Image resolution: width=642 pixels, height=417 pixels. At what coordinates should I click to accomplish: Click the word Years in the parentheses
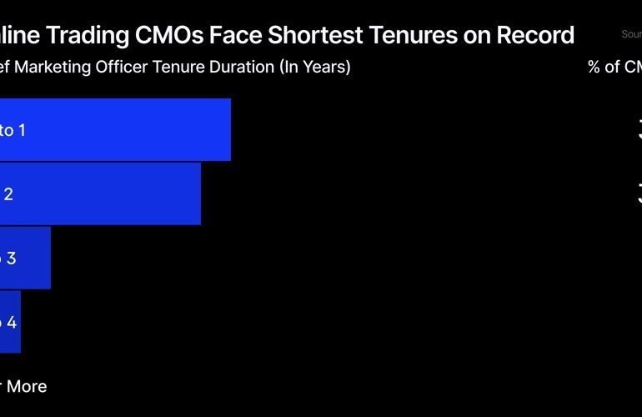coord(325,68)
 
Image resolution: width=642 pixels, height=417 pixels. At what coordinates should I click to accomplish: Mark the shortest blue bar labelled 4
coord(10,322)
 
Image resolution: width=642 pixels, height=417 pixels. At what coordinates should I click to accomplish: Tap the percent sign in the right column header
coord(594,68)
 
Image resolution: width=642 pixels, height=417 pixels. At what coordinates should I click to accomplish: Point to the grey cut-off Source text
coord(631,34)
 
